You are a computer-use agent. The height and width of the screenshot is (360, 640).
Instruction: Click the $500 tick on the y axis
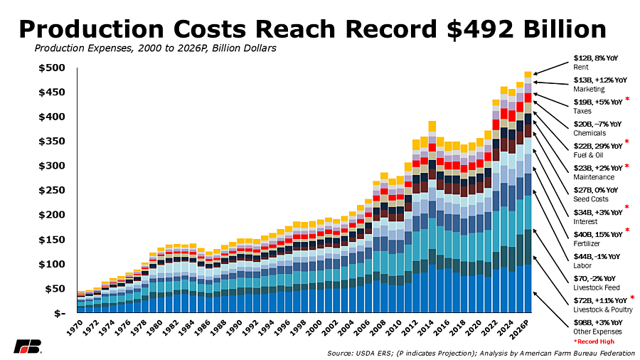tap(52, 68)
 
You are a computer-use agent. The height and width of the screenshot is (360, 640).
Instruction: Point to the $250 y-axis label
tap(52, 191)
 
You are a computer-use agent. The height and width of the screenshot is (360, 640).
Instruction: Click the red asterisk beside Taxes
tap(627, 100)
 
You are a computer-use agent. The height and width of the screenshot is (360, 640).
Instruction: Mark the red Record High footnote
tap(594, 342)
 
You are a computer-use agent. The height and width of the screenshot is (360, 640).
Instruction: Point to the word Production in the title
tap(91, 29)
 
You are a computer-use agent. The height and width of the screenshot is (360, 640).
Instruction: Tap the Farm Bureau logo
tap(27, 346)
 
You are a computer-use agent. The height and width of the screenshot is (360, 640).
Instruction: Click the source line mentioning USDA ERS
tap(481, 354)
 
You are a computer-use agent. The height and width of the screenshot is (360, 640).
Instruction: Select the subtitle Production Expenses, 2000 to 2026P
tap(155, 48)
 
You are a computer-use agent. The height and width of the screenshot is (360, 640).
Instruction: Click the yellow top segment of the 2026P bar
tap(528, 74)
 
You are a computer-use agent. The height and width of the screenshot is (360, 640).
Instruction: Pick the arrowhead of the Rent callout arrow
tap(535, 74)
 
